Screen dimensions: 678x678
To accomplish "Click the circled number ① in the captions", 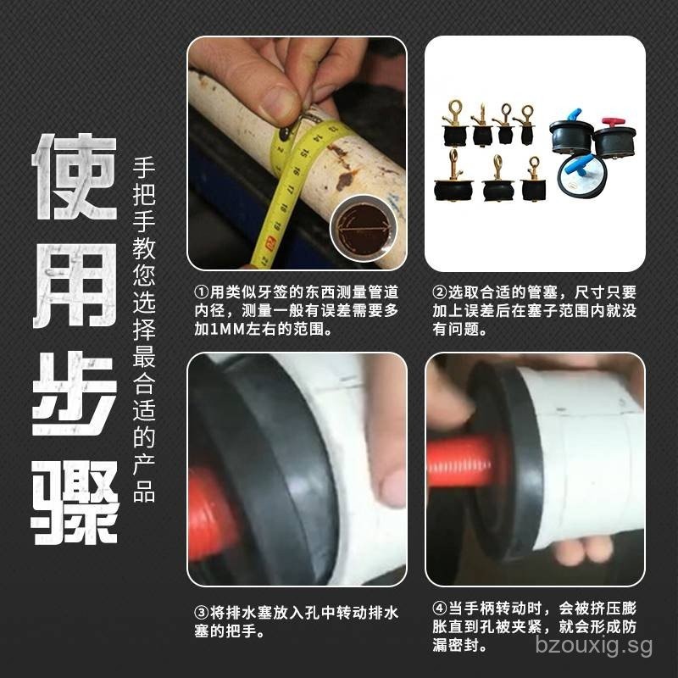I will coord(201,292).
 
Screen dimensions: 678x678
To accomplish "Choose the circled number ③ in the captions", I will coord(201,612).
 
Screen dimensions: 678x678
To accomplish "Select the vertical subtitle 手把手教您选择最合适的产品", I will coord(144,331).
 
